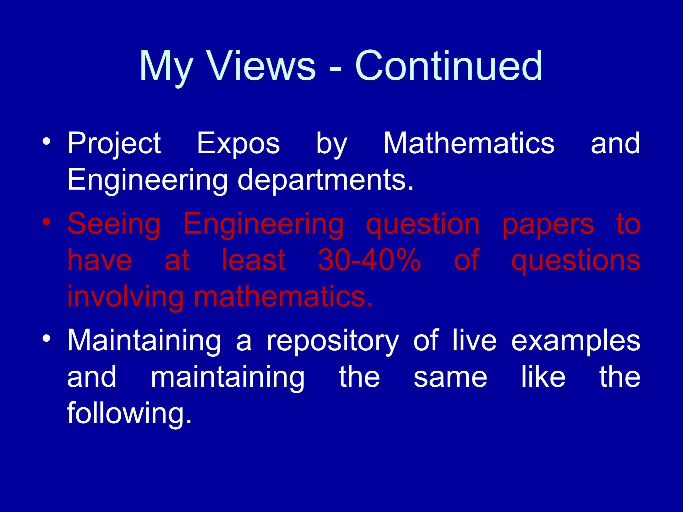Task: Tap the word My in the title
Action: coord(166,67)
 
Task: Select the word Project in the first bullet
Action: coord(114,144)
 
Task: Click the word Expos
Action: coord(238,144)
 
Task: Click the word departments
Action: coord(325,180)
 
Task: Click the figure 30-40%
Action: coord(369,260)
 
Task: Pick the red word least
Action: coord(253,260)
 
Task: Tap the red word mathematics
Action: coord(283,297)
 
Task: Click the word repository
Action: coord(332,341)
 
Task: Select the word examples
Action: coord(575,341)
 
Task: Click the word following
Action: coord(129,414)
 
